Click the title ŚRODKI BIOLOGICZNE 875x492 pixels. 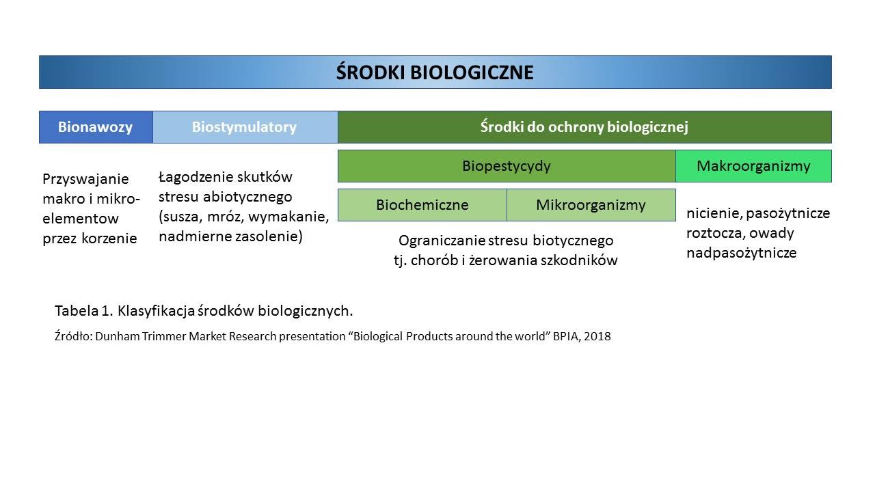tap(435, 72)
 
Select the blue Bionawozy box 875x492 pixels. tap(96, 127)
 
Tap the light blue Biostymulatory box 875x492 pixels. tap(245, 127)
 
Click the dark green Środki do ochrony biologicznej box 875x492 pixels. tap(584, 127)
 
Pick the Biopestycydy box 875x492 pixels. tap(507, 166)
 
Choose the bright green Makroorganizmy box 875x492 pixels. tap(753, 166)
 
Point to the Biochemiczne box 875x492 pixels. tap(422, 205)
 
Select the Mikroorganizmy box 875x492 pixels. tap(591, 205)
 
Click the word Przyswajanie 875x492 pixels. tap(85, 179)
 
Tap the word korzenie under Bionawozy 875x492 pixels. tap(109, 238)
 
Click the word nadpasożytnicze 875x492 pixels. tap(742, 253)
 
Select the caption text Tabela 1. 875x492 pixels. tap(83, 311)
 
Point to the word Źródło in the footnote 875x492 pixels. tap(72, 336)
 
